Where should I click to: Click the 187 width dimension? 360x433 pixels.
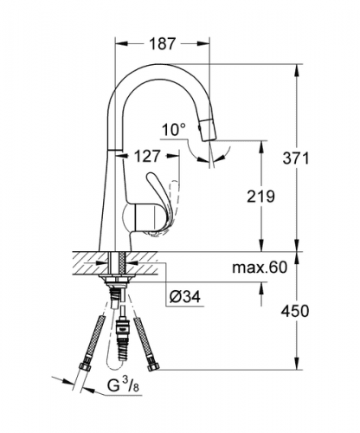162,44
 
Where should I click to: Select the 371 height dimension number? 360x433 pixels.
295,158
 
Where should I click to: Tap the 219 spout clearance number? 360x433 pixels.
260,197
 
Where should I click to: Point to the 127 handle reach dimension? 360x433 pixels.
147,156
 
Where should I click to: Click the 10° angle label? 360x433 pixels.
174,130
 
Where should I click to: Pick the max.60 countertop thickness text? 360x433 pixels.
260,268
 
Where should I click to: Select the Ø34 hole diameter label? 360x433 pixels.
184,296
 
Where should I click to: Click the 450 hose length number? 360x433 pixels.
295,311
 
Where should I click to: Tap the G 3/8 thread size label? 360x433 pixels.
123,385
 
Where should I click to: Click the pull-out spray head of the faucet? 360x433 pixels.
209,130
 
